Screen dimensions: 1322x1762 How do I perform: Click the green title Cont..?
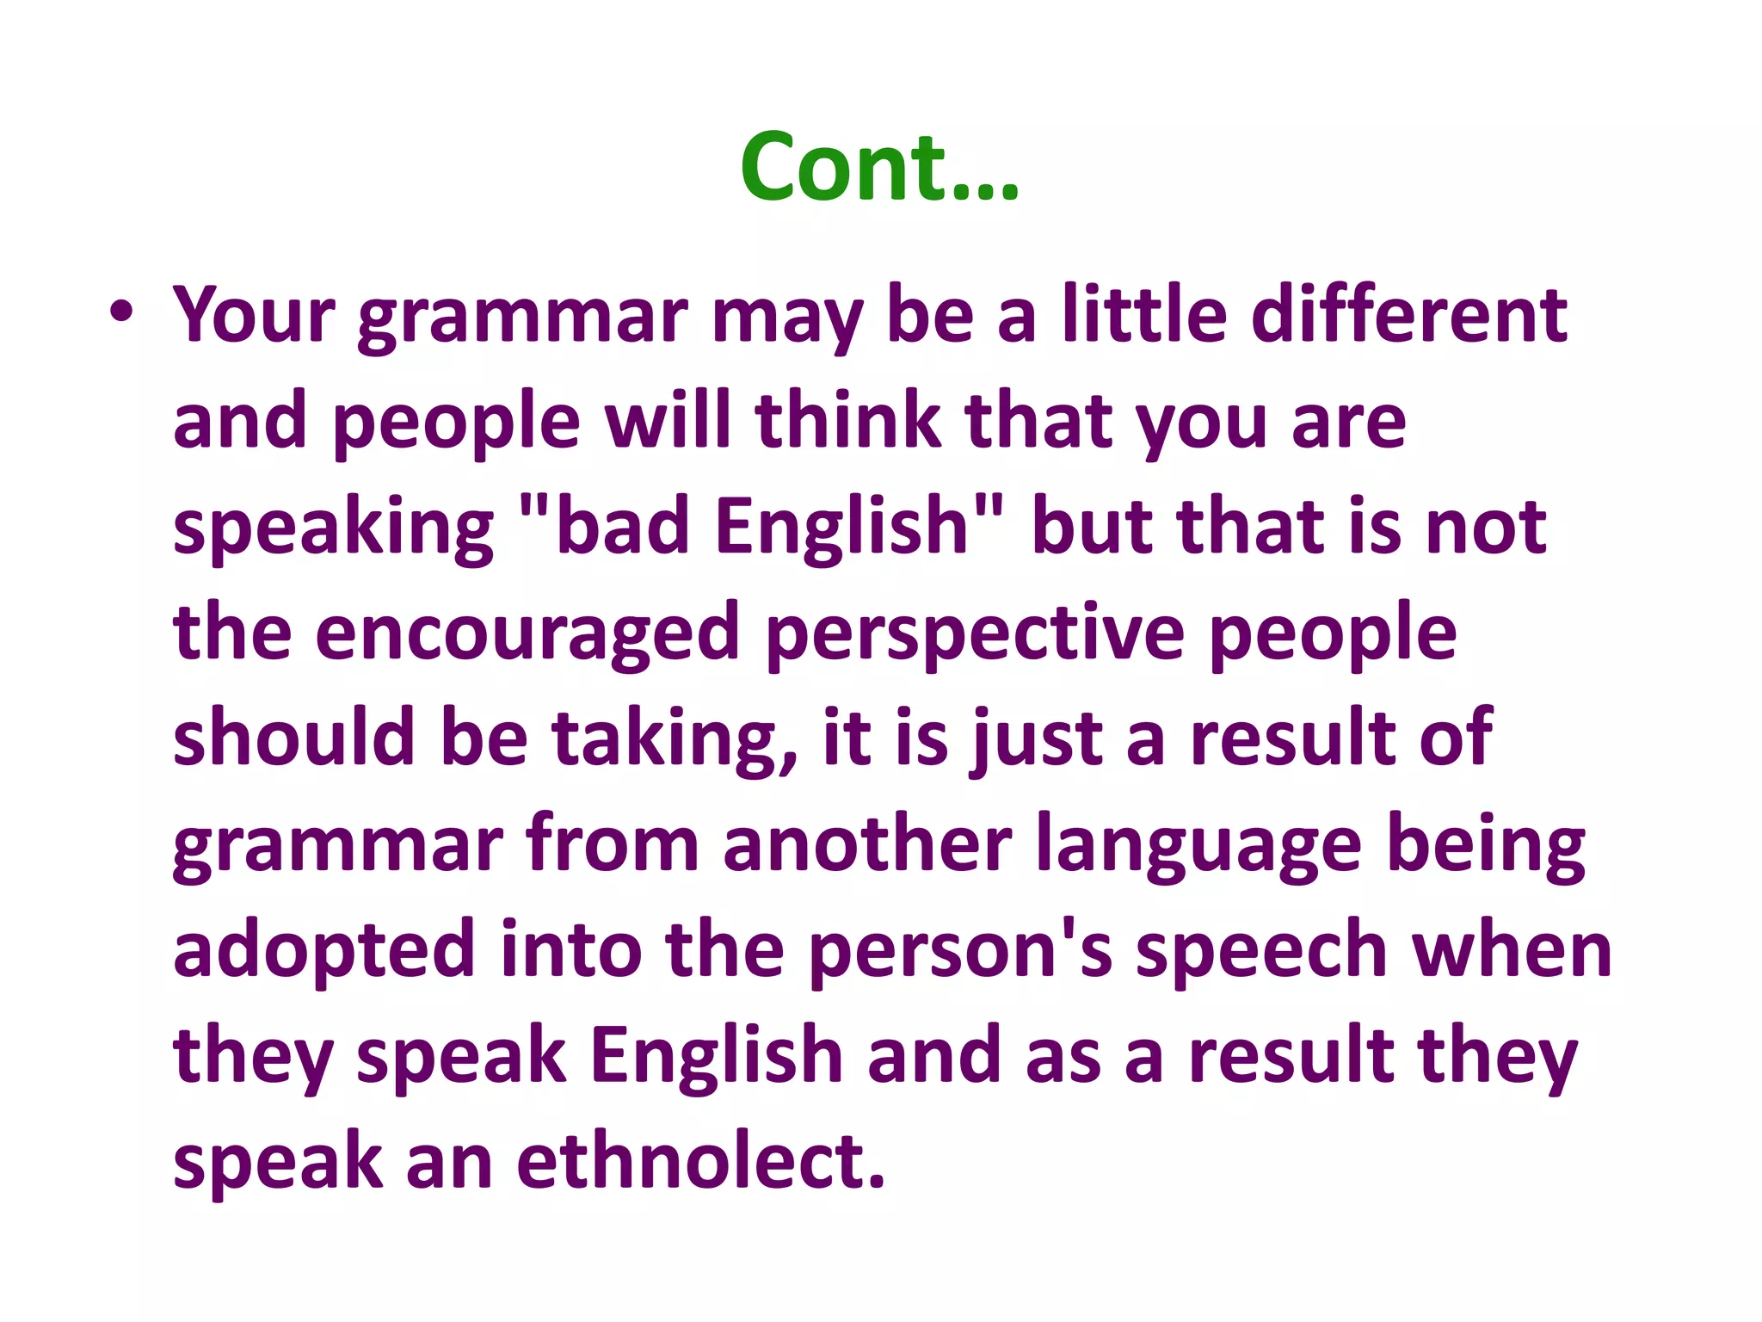(879, 167)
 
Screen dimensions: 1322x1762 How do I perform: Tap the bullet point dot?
(121, 312)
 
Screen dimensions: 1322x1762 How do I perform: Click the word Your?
(254, 315)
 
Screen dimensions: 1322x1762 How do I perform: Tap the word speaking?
(333, 529)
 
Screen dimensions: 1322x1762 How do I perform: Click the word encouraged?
(527, 634)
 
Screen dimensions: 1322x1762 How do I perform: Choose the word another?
(867, 845)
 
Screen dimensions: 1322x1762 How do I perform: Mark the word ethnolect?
(700, 1162)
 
